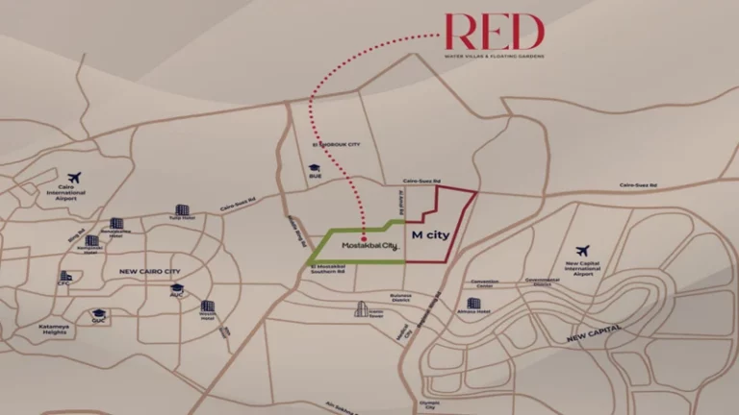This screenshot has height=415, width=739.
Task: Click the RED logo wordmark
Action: click(494, 33)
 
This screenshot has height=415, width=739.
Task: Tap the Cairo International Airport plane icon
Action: click(75, 178)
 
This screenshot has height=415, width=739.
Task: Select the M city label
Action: click(430, 235)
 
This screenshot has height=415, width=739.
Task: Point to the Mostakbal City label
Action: click(364, 247)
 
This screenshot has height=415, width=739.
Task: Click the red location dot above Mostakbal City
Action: click(364, 232)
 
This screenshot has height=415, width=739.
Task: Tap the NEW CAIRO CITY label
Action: click(150, 272)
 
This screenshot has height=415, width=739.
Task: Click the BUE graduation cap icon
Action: click(314, 170)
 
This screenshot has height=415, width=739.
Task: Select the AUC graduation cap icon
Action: click(177, 287)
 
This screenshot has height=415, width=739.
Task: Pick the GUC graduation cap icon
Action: click(97, 314)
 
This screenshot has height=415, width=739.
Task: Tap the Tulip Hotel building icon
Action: click(181, 208)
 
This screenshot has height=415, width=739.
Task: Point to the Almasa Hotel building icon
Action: click(473, 304)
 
